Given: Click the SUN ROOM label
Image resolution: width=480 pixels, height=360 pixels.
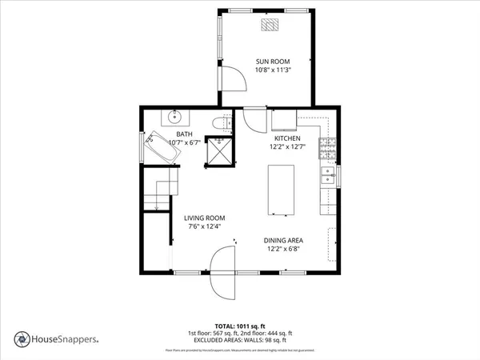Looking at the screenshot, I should point(272,62).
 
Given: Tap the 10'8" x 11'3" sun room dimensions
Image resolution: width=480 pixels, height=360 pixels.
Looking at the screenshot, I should point(272,70).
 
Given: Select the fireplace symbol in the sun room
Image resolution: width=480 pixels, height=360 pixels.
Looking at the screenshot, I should point(272,26).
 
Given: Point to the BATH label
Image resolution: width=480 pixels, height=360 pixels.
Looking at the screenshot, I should point(184,134).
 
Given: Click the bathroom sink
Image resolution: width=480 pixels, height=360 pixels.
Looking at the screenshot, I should point(176,117).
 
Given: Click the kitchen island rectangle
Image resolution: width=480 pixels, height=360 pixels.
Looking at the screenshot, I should point(280,189).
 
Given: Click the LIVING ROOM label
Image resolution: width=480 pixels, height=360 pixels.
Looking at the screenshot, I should point(204,218).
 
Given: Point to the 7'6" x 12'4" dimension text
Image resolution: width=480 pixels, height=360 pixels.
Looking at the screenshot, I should point(204,226).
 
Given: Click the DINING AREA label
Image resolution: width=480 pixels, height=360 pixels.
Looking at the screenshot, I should point(284,240).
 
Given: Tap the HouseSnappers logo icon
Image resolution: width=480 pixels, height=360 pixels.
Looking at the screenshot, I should point(20,338).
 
